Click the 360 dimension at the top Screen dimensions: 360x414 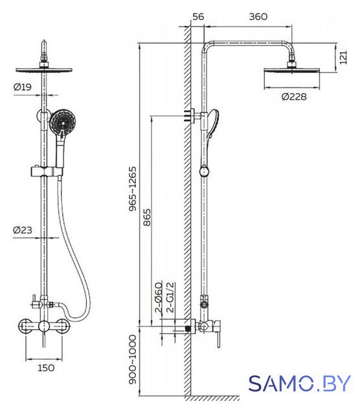258,17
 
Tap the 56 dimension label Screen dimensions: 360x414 198,17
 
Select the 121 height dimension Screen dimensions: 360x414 343,58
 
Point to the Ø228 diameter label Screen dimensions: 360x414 294,96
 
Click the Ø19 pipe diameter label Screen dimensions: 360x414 23,87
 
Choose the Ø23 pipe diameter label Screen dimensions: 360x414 23,230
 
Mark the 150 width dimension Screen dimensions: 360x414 46,368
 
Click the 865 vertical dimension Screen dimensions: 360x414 147,217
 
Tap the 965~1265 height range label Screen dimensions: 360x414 133,188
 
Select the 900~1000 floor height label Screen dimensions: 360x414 133,360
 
